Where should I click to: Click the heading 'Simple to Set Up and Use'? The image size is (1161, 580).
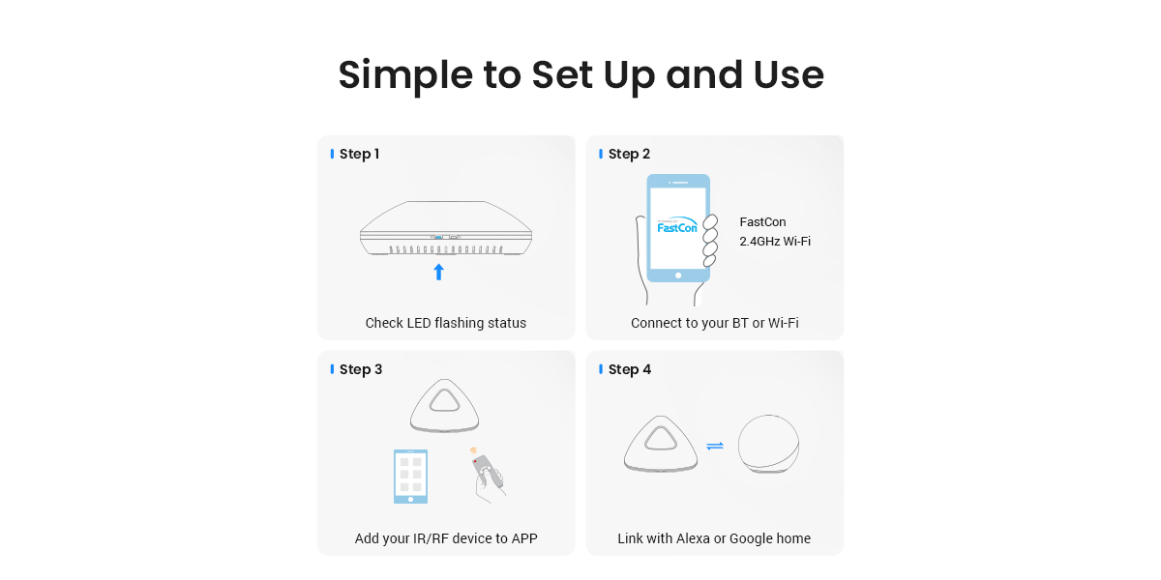pyautogui.click(x=581, y=75)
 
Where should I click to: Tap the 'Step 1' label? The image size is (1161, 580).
pyautogui.click(x=359, y=154)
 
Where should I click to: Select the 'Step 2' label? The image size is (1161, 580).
pyautogui.click(x=629, y=154)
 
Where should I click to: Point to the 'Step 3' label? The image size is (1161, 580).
pyautogui.click(x=361, y=369)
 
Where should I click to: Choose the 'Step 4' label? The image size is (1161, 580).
pyautogui.click(x=629, y=369)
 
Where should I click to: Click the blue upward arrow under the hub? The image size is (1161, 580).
pyautogui.click(x=438, y=272)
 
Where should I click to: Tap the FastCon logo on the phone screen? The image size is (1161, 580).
pyautogui.click(x=677, y=224)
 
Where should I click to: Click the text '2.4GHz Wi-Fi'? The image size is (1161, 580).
pyautogui.click(x=775, y=242)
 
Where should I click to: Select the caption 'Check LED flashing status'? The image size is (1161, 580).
pyautogui.click(x=446, y=323)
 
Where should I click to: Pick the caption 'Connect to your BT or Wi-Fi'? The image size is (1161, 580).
pyautogui.click(x=715, y=323)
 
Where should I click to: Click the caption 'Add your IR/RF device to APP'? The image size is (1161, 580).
pyautogui.click(x=446, y=538)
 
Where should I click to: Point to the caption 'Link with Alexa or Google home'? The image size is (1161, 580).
pyautogui.click(x=714, y=538)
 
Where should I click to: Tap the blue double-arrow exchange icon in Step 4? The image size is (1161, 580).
pyautogui.click(x=715, y=446)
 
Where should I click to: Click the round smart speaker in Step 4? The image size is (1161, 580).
pyautogui.click(x=768, y=444)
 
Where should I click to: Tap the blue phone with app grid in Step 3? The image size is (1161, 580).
pyautogui.click(x=410, y=477)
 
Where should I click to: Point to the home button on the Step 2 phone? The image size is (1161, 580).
pyautogui.click(x=678, y=275)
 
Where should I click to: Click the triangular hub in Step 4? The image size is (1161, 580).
pyautogui.click(x=660, y=444)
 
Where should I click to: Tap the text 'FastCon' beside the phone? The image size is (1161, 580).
pyautogui.click(x=762, y=222)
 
